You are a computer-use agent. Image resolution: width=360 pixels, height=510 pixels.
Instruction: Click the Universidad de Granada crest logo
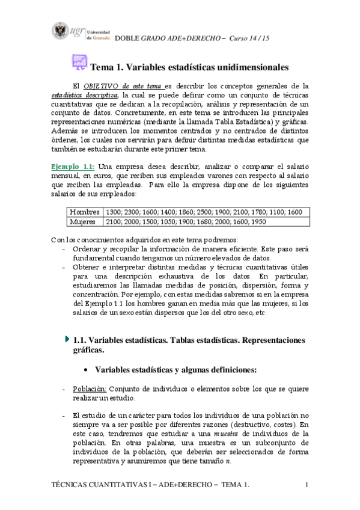click(61, 30)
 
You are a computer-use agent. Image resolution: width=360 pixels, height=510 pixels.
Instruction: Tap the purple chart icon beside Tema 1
click(79, 63)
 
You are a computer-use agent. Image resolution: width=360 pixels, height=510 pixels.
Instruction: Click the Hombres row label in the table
click(85, 212)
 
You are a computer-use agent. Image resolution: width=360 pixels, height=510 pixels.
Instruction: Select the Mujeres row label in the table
click(84, 222)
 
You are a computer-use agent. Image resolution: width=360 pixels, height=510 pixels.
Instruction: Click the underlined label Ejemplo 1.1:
click(72, 166)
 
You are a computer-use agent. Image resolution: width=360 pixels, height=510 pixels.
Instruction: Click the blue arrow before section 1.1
click(67, 339)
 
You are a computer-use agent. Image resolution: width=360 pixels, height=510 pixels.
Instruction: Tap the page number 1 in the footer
click(307, 485)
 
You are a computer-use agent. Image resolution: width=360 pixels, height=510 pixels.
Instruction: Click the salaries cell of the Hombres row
click(203, 212)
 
